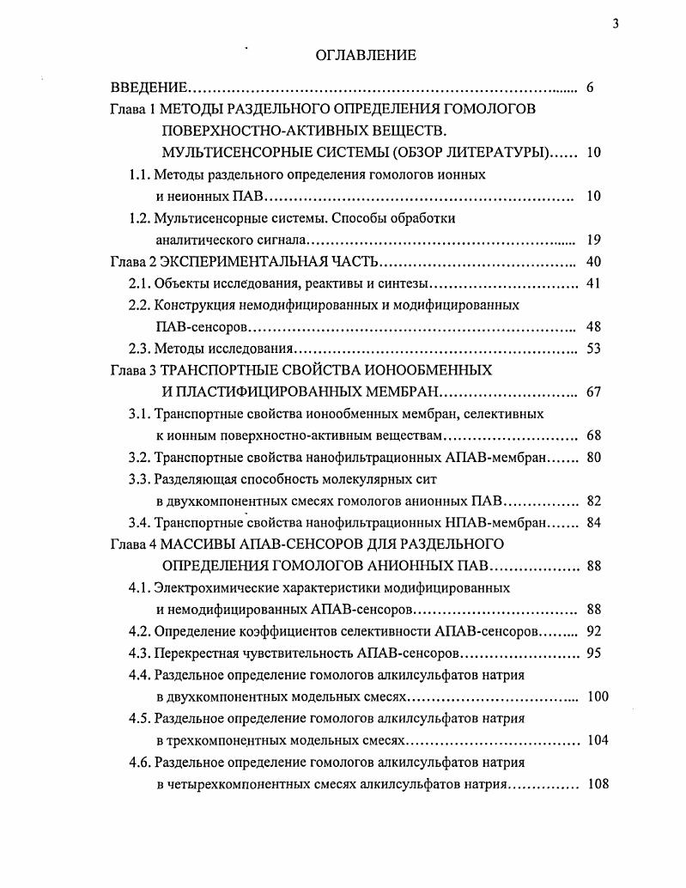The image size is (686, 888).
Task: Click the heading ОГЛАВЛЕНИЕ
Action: tap(366, 55)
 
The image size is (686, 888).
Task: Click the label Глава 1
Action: tap(133, 109)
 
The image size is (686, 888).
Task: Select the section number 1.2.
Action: tap(140, 218)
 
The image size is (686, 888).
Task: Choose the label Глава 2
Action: tap(133, 262)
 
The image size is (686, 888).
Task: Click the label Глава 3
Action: tap(133, 370)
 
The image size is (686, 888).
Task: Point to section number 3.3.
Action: tap(140, 479)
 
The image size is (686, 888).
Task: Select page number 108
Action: tap(597, 783)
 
